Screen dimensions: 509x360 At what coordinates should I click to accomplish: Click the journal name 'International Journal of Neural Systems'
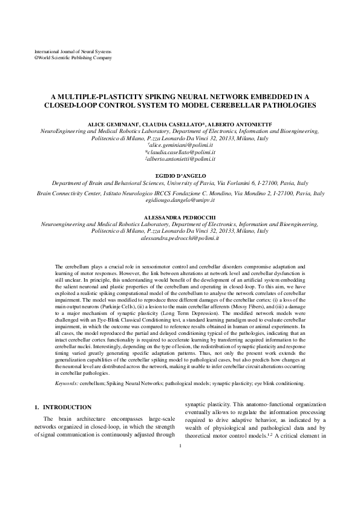click(73, 53)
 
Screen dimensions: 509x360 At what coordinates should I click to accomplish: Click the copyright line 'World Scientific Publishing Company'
click(76, 58)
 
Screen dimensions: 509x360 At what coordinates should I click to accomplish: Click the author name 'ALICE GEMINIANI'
click(116, 123)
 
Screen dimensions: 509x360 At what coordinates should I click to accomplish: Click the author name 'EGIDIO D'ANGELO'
click(180, 175)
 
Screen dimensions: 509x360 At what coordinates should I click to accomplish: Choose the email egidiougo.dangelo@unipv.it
click(180, 201)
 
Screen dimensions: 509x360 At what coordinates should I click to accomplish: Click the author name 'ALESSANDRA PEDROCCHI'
click(180, 216)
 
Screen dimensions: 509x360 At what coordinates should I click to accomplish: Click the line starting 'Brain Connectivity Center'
click(180, 194)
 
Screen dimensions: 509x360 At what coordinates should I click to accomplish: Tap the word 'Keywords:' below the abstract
click(65, 383)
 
